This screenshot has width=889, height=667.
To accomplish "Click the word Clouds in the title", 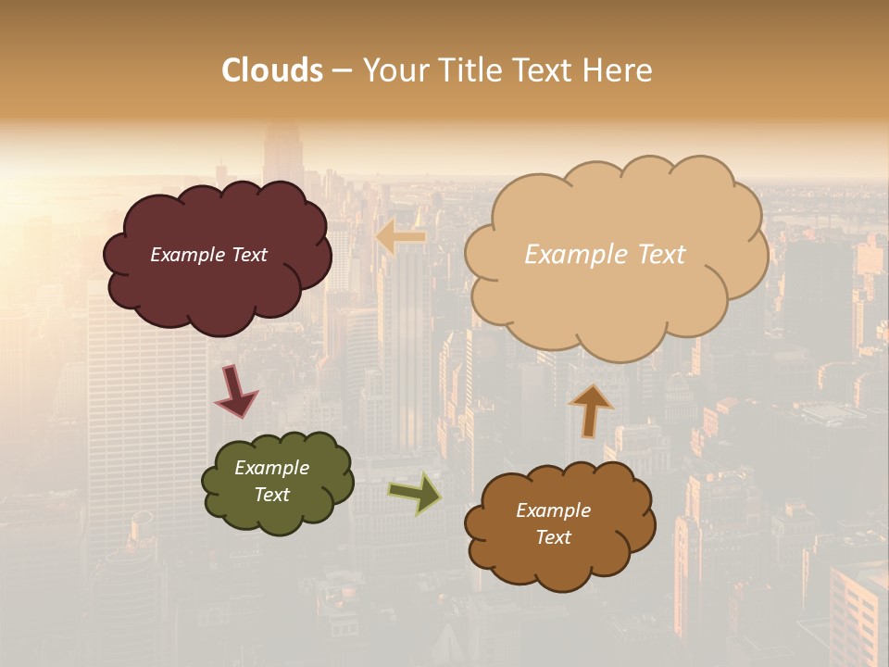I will [272, 70].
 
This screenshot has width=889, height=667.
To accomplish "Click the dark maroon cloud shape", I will [217, 287].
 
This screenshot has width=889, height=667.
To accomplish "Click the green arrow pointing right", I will [414, 492].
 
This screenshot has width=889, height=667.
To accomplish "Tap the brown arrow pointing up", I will [591, 409].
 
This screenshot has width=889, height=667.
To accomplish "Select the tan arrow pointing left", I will [401, 237].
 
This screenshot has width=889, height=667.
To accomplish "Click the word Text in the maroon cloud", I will [249, 255].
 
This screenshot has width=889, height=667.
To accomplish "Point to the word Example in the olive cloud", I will [271, 468].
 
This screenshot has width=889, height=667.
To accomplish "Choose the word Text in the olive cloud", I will [271, 495].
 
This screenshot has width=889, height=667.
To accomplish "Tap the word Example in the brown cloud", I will [553, 510].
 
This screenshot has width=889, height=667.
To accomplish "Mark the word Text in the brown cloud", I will [553, 537].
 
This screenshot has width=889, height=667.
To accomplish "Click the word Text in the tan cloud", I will [658, 255].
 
